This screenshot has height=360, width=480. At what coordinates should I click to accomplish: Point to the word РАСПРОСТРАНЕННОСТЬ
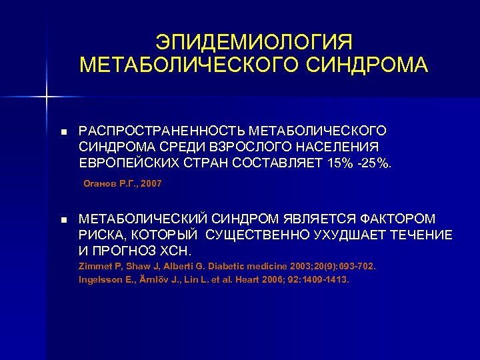pos(159,129)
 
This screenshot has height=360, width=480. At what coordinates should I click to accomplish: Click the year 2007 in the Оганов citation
pos(151,183)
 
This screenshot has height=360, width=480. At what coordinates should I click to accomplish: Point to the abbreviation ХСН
pos(175,251)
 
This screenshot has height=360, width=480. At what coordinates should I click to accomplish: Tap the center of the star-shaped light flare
pos(47,97)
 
